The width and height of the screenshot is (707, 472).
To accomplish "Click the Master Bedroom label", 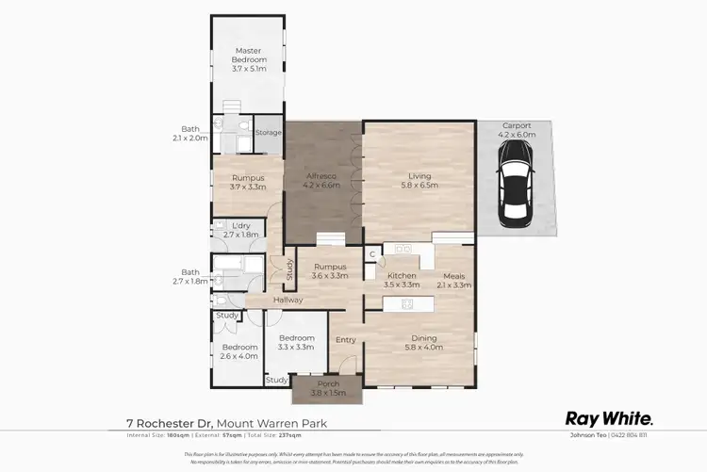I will point(249,58).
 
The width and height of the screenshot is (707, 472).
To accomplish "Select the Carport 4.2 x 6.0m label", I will point(518,130).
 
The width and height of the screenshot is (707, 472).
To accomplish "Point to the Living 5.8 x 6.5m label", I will point(419,179).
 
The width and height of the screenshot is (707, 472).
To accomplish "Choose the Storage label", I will point(269,133).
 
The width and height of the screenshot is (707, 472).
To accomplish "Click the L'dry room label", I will point(241,231).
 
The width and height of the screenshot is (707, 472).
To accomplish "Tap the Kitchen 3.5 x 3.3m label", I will point(403,280).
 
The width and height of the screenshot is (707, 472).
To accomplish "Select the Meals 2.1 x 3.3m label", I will point(454,280).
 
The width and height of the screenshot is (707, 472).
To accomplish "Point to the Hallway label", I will point(288,300).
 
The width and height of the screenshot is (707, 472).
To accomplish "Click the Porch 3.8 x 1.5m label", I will point(321,387).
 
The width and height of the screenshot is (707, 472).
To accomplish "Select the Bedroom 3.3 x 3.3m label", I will point(296,342).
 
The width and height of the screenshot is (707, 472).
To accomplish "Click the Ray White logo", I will point(608,418).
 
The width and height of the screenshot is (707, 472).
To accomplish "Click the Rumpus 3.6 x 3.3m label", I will point(331,271).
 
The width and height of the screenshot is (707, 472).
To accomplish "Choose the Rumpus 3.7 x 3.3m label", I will point(248,182).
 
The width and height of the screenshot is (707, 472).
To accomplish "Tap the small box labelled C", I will point(371,253).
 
